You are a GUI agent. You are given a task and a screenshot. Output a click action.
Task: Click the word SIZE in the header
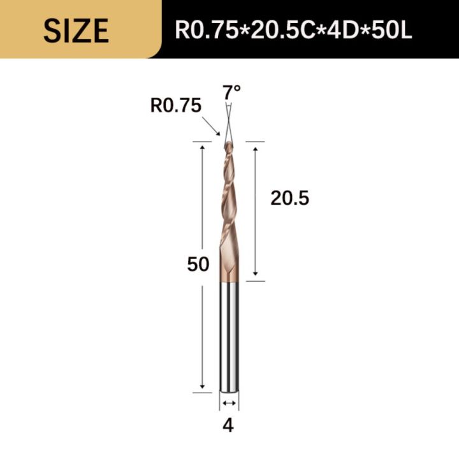76,29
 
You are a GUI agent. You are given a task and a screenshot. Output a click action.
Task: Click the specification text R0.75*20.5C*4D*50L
294,29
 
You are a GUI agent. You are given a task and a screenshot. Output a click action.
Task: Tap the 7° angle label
232,92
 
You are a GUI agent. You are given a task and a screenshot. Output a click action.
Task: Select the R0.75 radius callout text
175,105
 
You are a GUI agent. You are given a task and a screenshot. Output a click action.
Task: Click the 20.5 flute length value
289,199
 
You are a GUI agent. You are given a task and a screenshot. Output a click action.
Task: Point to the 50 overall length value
198,264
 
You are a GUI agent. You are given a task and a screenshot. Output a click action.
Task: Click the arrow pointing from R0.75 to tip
211,126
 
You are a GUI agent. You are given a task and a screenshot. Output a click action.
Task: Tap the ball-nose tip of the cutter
228,145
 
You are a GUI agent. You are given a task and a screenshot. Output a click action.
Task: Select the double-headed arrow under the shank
229,403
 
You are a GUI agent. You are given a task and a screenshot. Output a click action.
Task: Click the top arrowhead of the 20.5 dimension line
255,147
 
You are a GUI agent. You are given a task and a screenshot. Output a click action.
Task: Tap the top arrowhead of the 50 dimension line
203,147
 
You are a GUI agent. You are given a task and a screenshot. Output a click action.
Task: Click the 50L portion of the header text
390,29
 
